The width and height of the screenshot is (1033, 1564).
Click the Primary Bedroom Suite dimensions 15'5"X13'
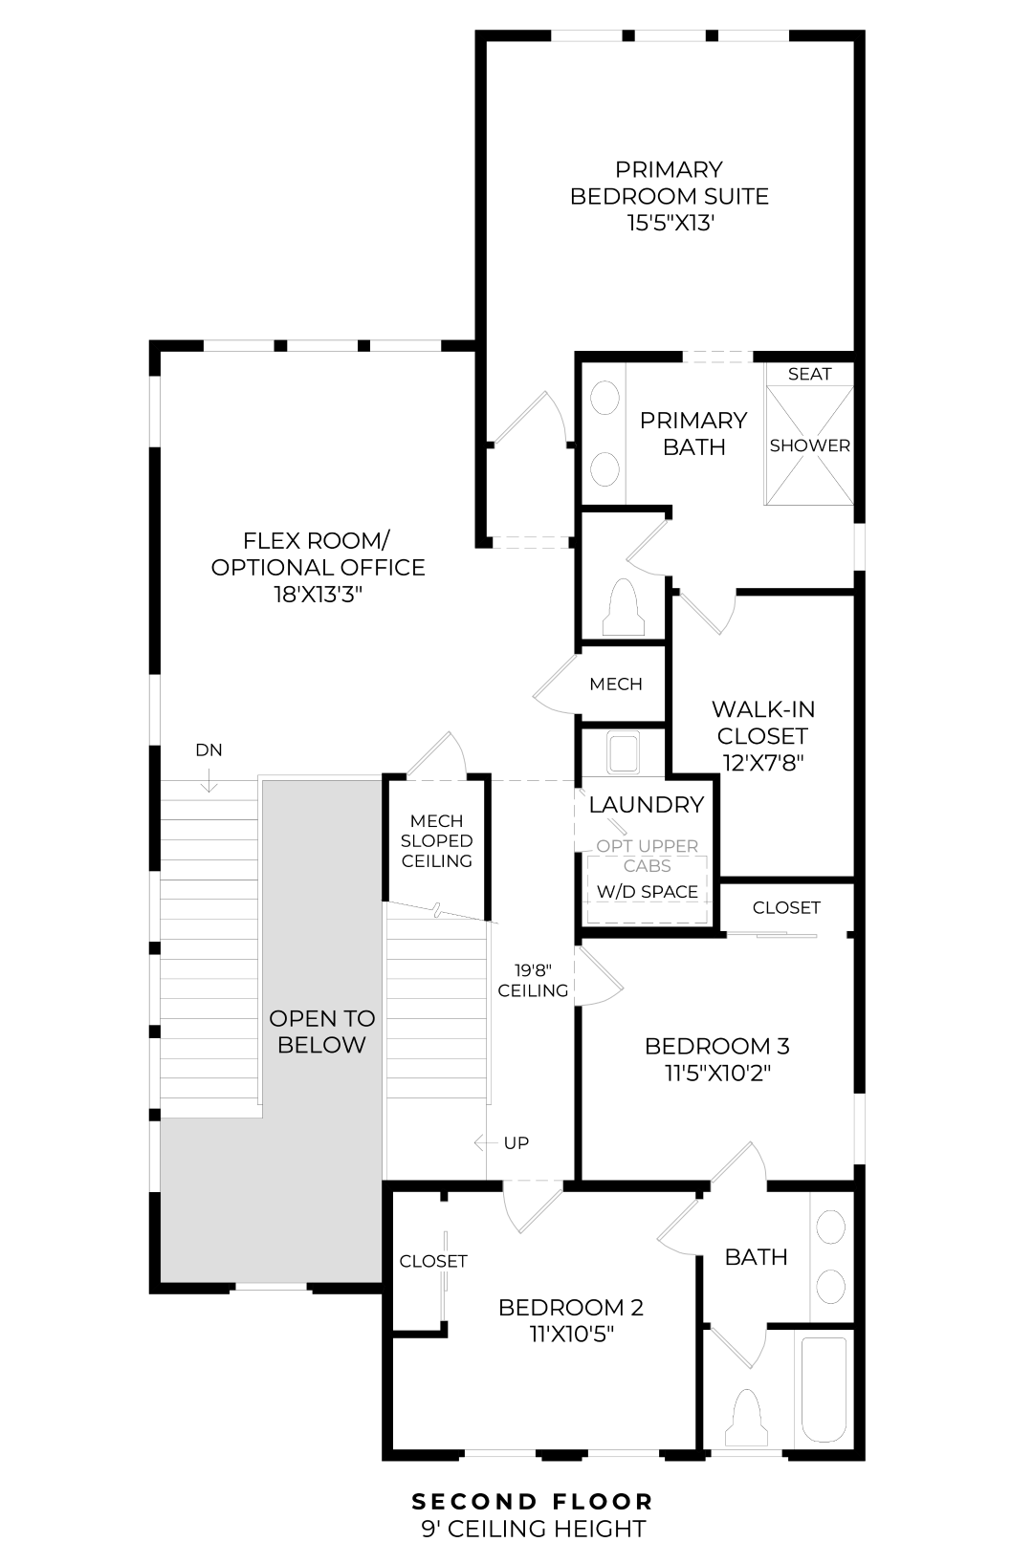coord(669,224)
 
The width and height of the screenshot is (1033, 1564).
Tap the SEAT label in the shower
coord(809,374)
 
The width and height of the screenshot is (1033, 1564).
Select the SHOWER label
coord(809,445)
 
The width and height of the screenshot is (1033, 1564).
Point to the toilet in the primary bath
coord(623,606)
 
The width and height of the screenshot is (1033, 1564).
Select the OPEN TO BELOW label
coord(321,1032)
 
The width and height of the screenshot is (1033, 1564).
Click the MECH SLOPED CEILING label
coord(437,841)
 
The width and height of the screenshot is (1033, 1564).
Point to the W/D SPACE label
coord(648,892)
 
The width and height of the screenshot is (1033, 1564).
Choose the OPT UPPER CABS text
coord(648,856)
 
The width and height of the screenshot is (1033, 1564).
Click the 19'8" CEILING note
coord(533,981)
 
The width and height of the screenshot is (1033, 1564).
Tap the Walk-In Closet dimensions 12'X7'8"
coord(762,763)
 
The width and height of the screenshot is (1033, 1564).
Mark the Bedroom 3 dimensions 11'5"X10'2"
coord(717,1073)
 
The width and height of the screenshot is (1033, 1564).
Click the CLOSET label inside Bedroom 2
coord(433,1261)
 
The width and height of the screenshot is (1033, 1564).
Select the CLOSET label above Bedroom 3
coord(786,907)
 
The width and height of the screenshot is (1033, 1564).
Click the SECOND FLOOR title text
coord(533,1502)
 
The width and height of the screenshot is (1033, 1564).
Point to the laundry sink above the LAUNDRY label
coord(624,751)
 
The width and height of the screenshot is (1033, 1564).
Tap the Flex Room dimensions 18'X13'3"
coord(318,595)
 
